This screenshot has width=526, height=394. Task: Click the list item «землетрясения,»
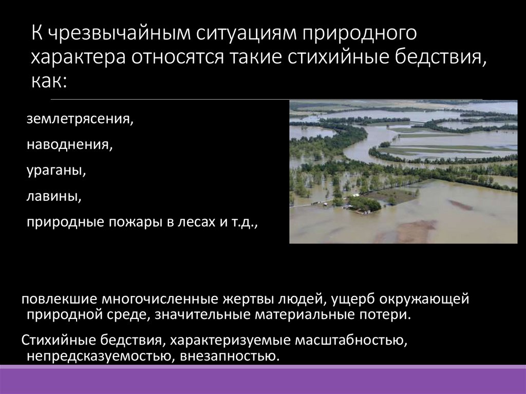tap(80, 120)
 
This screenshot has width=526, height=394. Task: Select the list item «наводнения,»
tap(70, 145)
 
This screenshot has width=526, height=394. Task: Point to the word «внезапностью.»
tap(230, 355)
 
